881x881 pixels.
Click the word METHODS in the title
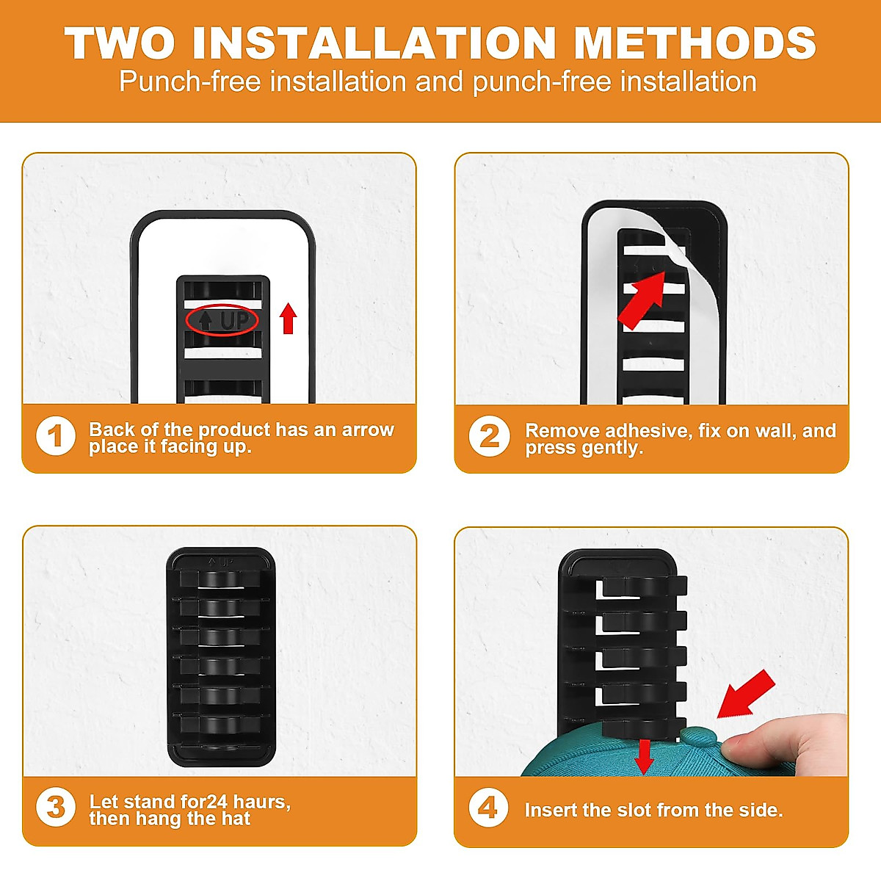coord(695,43)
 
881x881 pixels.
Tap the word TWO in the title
coord(120,43)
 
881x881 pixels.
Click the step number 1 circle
coord(56,435)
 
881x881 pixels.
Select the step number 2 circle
coord(489,436)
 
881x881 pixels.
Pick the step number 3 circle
coord(56,807)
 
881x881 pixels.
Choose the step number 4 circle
coord(488,808)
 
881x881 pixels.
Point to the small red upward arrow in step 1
coord(288,318)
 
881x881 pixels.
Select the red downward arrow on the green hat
coord(644,757)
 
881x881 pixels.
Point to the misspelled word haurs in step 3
coord(261,802)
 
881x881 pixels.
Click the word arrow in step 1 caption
coord(368,430)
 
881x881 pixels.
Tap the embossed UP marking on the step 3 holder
coord(220,562)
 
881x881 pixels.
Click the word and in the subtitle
coord(439,81)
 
